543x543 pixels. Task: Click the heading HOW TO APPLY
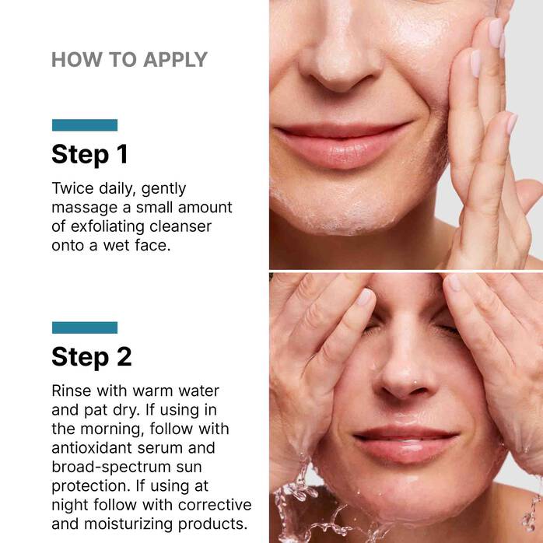(x=129, y=60)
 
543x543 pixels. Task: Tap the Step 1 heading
(x=89, y=154)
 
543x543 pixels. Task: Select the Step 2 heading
(x=92, y=356)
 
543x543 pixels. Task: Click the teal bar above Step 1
(x=85, y=125)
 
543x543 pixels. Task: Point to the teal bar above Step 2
(x=85, y=328)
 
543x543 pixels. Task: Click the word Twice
(x=72, y=188)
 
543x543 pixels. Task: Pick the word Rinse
(x=72, y=390)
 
